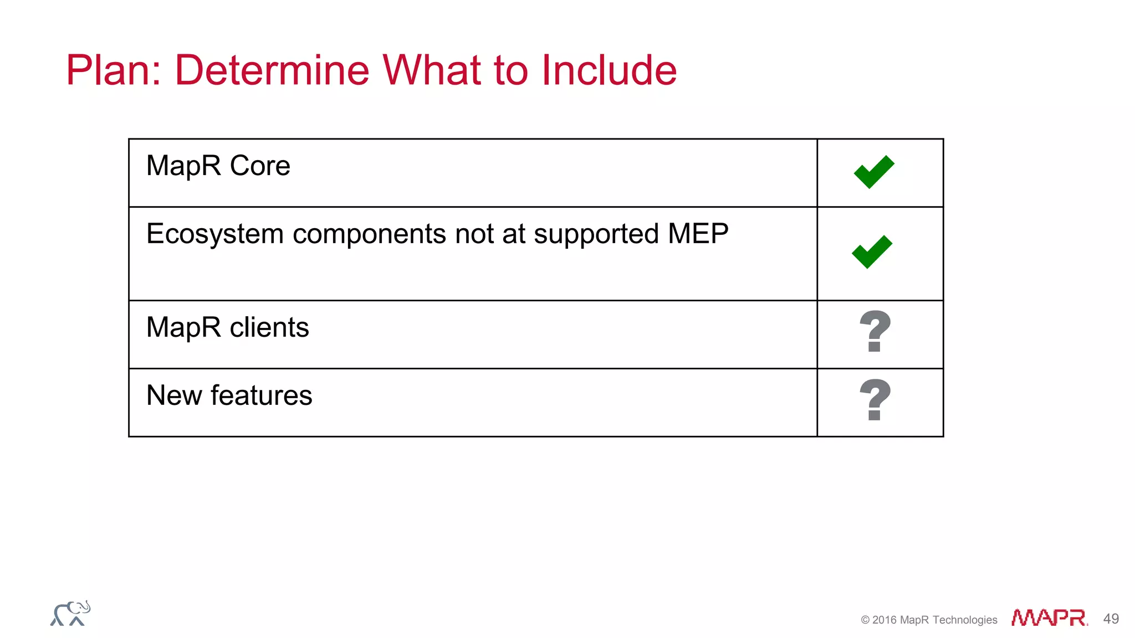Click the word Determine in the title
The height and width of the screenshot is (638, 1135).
coord(272,70)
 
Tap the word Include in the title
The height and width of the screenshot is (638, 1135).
coord(609,70)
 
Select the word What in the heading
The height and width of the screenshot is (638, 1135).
coord(432,70)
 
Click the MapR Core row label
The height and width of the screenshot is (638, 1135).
coord(218,166)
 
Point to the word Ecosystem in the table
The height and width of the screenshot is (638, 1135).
coord(215,234)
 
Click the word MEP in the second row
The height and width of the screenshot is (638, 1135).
coord(698,233)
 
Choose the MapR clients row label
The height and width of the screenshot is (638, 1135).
coord(227,327)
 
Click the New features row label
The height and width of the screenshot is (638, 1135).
coord(229,395)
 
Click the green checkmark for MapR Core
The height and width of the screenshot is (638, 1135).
coord(874,172)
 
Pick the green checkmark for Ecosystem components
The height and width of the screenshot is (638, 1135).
coord(872,251)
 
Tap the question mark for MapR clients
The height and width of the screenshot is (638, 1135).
coord(875,331)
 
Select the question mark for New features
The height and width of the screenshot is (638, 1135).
coord(875,399)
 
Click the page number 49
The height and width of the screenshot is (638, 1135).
coord(1111,619)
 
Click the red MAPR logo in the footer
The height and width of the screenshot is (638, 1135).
coord(1049,618)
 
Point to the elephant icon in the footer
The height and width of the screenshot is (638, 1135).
coord(70,614)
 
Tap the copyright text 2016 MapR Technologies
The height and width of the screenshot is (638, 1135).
coord(929,620)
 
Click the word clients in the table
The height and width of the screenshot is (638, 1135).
coord(269,327)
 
